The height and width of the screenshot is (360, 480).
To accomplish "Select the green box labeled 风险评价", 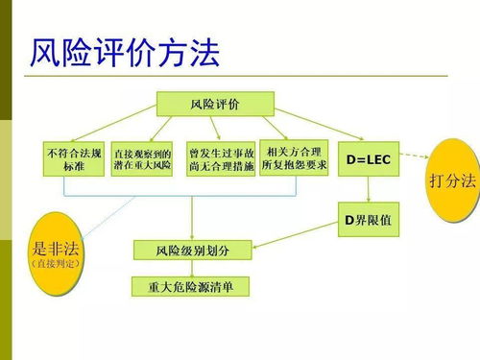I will click(x=216, y=103).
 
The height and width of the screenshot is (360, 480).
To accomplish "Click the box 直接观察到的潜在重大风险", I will click(x=142, y=158).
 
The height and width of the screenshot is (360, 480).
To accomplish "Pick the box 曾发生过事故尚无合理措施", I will click(x=222, y=158).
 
